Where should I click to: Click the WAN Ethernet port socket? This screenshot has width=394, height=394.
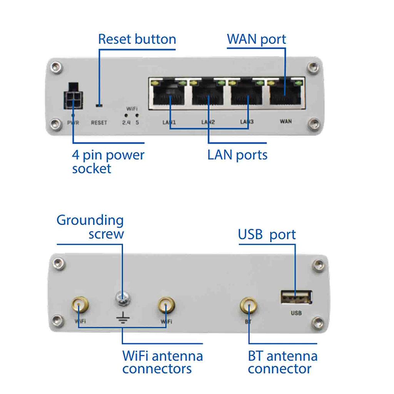285,93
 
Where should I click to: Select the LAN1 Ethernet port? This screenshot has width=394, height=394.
169,93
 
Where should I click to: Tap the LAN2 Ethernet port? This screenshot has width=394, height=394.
208,93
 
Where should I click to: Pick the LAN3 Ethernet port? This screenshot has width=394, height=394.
247,93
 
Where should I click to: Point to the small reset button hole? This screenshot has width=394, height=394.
99,105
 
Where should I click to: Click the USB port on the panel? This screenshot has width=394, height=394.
295,297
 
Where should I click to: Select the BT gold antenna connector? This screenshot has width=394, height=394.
249,306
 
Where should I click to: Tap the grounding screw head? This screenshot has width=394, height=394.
122,296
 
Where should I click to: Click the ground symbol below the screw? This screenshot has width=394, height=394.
122,318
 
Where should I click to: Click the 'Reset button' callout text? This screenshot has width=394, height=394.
137,39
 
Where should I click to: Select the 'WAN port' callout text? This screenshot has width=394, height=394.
256,39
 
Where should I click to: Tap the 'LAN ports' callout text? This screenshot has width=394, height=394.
237,155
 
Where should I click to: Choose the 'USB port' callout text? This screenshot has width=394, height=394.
267,234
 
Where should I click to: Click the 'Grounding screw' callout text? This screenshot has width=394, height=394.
90,227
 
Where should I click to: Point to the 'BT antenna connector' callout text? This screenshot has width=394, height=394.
282,362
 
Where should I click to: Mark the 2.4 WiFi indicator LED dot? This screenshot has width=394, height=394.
126,115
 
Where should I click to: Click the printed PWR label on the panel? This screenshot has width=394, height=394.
73,123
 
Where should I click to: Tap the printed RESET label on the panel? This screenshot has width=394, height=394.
99,123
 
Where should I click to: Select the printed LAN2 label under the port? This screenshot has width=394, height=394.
208,122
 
